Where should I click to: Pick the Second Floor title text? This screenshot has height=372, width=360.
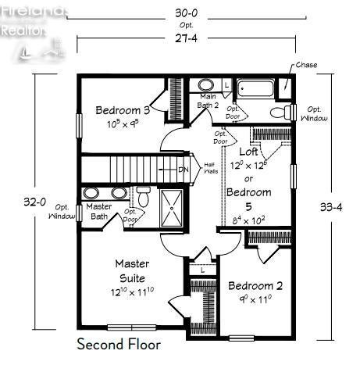[x=119, y=344]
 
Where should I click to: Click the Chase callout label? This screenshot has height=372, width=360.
[x=305, y=65]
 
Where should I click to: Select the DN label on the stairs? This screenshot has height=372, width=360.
[x=184, y=170]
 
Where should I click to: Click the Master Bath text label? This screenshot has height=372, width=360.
[x=99, y=212]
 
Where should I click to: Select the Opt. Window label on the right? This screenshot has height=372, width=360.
[x=315, y=113]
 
